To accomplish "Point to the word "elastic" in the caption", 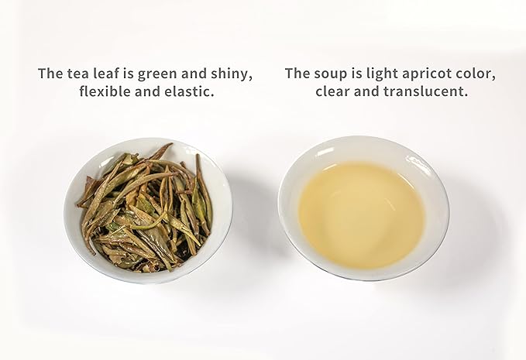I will click(189, 91).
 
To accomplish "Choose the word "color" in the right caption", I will click(475, 74).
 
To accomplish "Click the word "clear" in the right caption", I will click(335, 91).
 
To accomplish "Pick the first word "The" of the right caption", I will click(298, 74).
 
